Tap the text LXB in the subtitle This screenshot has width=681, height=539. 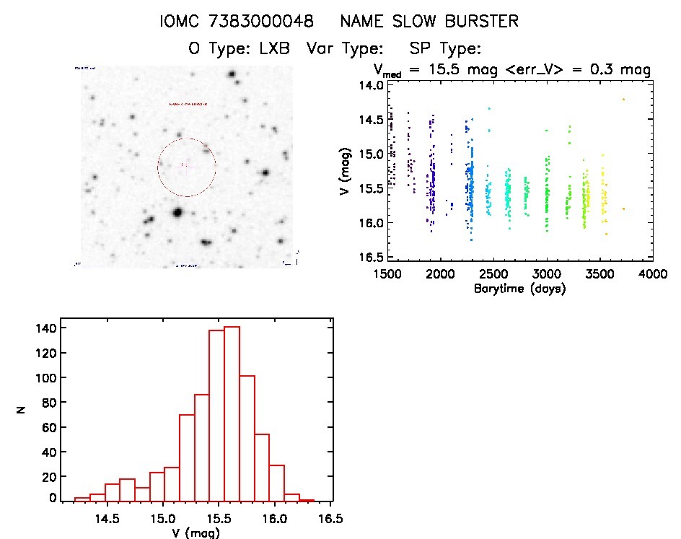coord(273,49)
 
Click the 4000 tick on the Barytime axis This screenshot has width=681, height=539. coord(653,276)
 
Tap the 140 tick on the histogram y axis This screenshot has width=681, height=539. coord(47,328)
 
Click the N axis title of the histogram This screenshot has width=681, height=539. coord(22,410)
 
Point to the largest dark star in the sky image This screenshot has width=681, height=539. coord(177,212)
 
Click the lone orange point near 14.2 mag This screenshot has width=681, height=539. coord(623,100)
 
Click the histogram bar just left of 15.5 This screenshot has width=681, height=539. coord(216,416)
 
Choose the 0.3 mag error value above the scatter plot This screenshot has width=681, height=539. coord(618,70)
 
